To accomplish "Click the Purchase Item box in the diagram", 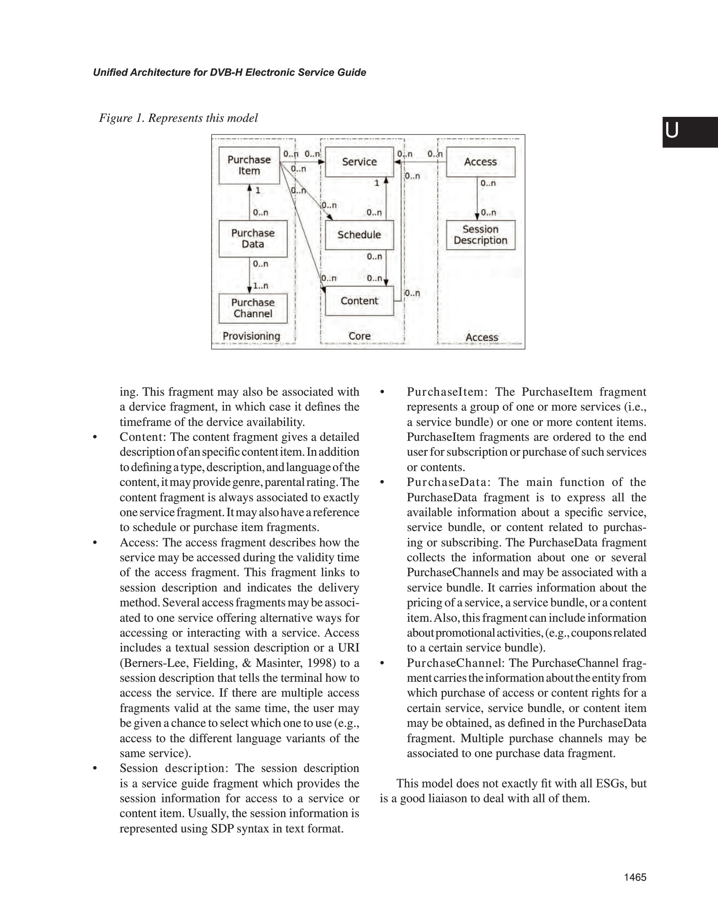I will pyautogui.click(x=249, y=166).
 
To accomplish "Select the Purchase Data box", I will pyautogui.click(x=253, y=239).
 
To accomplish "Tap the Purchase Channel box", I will pyautogui.click(x=253, y=308).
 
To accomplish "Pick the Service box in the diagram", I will pyautogui.click(x=359, y=162).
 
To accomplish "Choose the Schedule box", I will pyautogui.click(x=359, y=235).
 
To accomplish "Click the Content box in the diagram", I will pyautogui.click(x=359, y=301).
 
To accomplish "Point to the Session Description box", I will pyautogui.click(x=480, y=235).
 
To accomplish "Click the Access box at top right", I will pyautogui.click(x=480, y=162).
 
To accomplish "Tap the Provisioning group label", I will pyautogui.click(x=251, y=336).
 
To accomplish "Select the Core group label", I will pyautogui.click(x=359, y=336).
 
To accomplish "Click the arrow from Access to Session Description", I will pyautogui.click(x=477, y=199).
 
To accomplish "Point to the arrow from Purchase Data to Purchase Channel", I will pyautogui.click(x=249, y=275).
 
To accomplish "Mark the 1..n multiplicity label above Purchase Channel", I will pyautogui.click(x=261, y=286).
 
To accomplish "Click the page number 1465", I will pyautogui.click(x=635, y=877).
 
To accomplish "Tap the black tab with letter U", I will pyautogui.click(x=690, y=132).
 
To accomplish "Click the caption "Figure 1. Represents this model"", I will pyautogui.click(x=179, y=118).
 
